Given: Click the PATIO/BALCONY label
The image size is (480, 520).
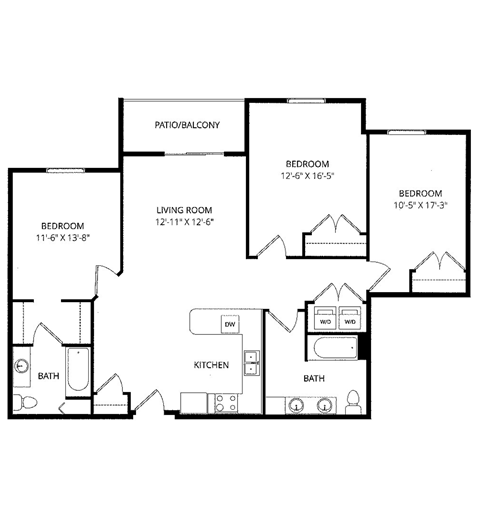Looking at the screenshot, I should pyautogui.click(x=186, y=126).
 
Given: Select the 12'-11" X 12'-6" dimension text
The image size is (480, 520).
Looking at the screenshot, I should pyautogui.click(x=185, y=223).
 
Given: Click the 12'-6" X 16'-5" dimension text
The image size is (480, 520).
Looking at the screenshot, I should pyautogui.click(x=308, y=176).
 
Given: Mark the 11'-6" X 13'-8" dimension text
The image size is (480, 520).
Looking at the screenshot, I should pyautogui.click(x=62, y=239).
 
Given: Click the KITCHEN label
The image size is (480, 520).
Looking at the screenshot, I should pyautogui.click(x=212, y=365).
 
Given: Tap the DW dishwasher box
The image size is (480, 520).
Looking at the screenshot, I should pyautogui.click(x=229, y=325).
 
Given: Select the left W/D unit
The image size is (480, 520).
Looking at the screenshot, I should pyautogui.click(x=325, y=321).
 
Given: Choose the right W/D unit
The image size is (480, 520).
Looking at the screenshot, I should pyautogui.click(x=349, y=321).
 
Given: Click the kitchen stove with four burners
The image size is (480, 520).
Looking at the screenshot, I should pyautogui.click(x=224, y=403).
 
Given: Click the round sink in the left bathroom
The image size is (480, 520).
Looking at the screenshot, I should pyautogui.click(x=21, y=366).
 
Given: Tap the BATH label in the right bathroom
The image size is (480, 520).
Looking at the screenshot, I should pyautogui.click(x=314, y=379).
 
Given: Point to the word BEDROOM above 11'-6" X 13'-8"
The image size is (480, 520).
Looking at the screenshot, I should pyautogui.click(x=62, y=226).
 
